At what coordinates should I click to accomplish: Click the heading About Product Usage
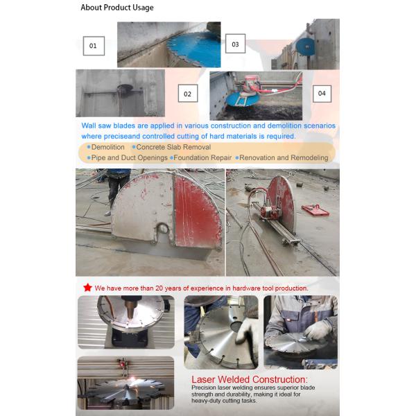coord(117,8)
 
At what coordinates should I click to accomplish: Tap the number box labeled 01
coord(94,46)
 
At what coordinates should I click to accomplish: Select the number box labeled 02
coord(187,94)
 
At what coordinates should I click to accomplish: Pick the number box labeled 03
coord(235,45)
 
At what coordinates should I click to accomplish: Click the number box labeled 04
coord(321,93)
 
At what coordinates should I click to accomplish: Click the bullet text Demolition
coord(108,147)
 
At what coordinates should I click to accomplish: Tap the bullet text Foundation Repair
coord(203,157)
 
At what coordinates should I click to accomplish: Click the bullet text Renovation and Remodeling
coord(284,157)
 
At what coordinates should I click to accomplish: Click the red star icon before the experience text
coord(87,287)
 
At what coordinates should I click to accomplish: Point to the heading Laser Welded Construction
coord(249,379)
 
